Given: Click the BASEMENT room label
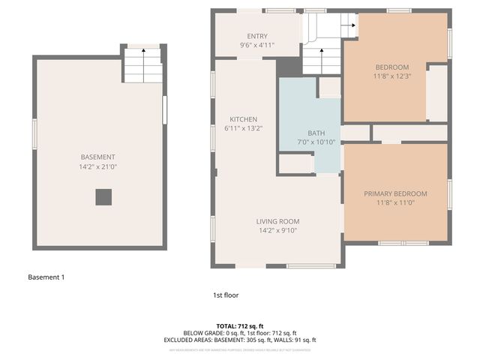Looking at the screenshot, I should [x=98, y=157].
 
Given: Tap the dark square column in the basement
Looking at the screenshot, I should [x=103, y=197].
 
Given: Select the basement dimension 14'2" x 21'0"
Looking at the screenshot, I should [x=98, y=166].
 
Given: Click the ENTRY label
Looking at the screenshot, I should [x=257, y=36].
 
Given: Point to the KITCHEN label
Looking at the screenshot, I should [x=244, y=119].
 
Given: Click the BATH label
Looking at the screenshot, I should [x=305, y=133].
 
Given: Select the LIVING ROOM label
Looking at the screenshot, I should [x=278, y=221].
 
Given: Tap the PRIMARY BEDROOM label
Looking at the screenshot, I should [x=395, y=193].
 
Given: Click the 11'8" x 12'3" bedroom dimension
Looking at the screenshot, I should [x=392, y=76].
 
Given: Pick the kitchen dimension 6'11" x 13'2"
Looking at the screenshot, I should [x=244, y=129].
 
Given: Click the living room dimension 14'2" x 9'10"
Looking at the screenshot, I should [x=278, y=231].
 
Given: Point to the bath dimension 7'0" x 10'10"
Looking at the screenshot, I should [x=305, y=142].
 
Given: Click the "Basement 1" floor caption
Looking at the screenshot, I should [x=46, y=277].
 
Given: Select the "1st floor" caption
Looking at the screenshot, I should [x=225, y=295].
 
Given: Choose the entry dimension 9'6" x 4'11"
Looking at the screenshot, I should [x=257, y=45].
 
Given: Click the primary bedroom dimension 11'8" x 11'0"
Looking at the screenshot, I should [x=395, y=202].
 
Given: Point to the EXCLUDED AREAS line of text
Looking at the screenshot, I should [x=239, y=340].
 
